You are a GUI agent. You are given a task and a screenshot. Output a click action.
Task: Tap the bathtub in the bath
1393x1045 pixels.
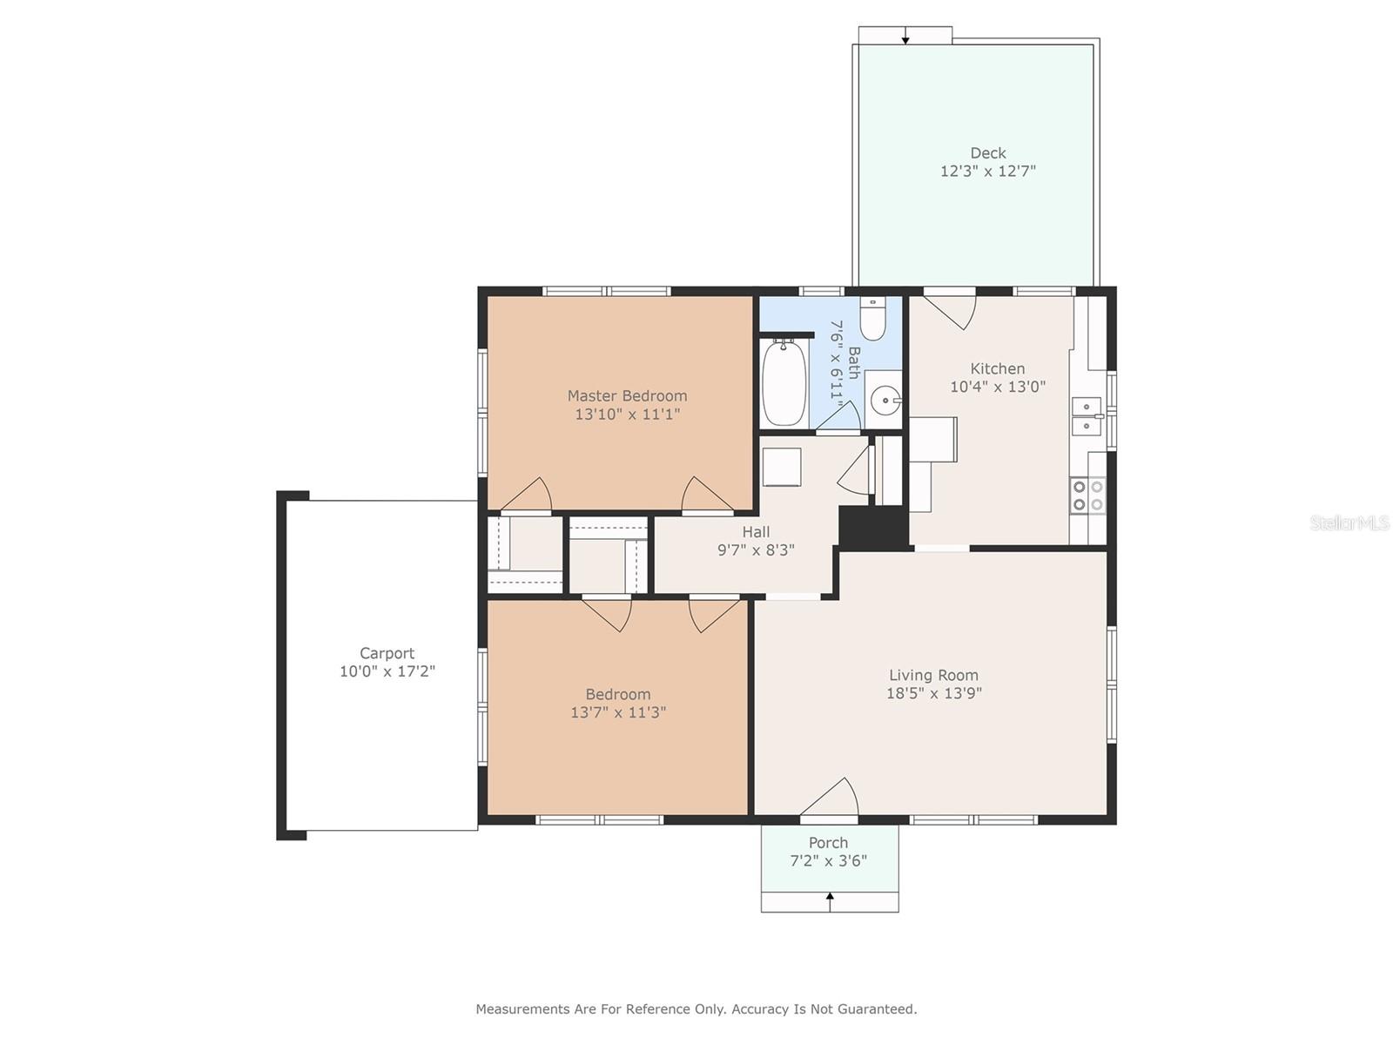(784, 382)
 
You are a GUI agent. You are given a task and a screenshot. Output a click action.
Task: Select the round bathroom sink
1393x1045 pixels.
(885, 401)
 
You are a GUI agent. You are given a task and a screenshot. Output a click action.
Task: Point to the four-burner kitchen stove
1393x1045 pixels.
(1087, 496)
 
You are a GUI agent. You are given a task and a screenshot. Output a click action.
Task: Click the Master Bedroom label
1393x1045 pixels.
(627, 396)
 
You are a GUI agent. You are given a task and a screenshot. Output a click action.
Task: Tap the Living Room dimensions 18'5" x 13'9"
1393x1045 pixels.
(933, 693)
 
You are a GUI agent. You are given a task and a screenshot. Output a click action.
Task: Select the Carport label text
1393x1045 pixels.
(387, 653)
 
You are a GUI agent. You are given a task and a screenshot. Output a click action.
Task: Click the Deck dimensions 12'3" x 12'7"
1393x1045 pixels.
(987, 171)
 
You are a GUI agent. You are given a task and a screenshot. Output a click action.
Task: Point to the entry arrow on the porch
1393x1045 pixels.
(830, 901)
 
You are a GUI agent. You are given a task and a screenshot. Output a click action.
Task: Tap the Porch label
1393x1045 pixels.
(828, 843)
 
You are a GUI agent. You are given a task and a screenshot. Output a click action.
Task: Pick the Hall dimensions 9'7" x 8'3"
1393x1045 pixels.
(756, 550)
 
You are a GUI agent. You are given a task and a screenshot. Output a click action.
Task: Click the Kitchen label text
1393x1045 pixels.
(998, 368)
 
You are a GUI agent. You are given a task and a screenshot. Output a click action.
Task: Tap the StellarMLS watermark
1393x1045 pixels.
(1349, 523)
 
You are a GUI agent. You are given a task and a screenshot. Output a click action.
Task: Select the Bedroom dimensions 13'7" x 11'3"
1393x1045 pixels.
(618, 711)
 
